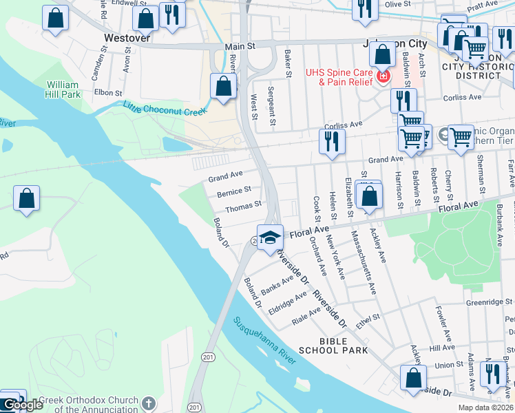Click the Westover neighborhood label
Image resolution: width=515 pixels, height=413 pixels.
[x=127, y=39]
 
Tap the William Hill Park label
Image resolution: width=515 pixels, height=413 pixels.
[x=63, y=89]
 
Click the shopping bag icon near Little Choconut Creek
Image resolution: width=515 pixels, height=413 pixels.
[x=223, y=86]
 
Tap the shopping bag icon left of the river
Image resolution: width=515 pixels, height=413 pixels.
[x=26, y=199]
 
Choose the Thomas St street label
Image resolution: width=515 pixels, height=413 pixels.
[x=243, y=205]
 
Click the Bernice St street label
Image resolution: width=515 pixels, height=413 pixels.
[x=233, y=191]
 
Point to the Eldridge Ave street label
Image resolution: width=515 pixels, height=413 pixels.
[x=287, y=302]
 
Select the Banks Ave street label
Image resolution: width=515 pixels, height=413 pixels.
[x=277, y=284]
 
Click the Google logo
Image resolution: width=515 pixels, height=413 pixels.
[x=22, y=405]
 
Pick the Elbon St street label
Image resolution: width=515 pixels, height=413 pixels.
[x=107, y=92]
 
